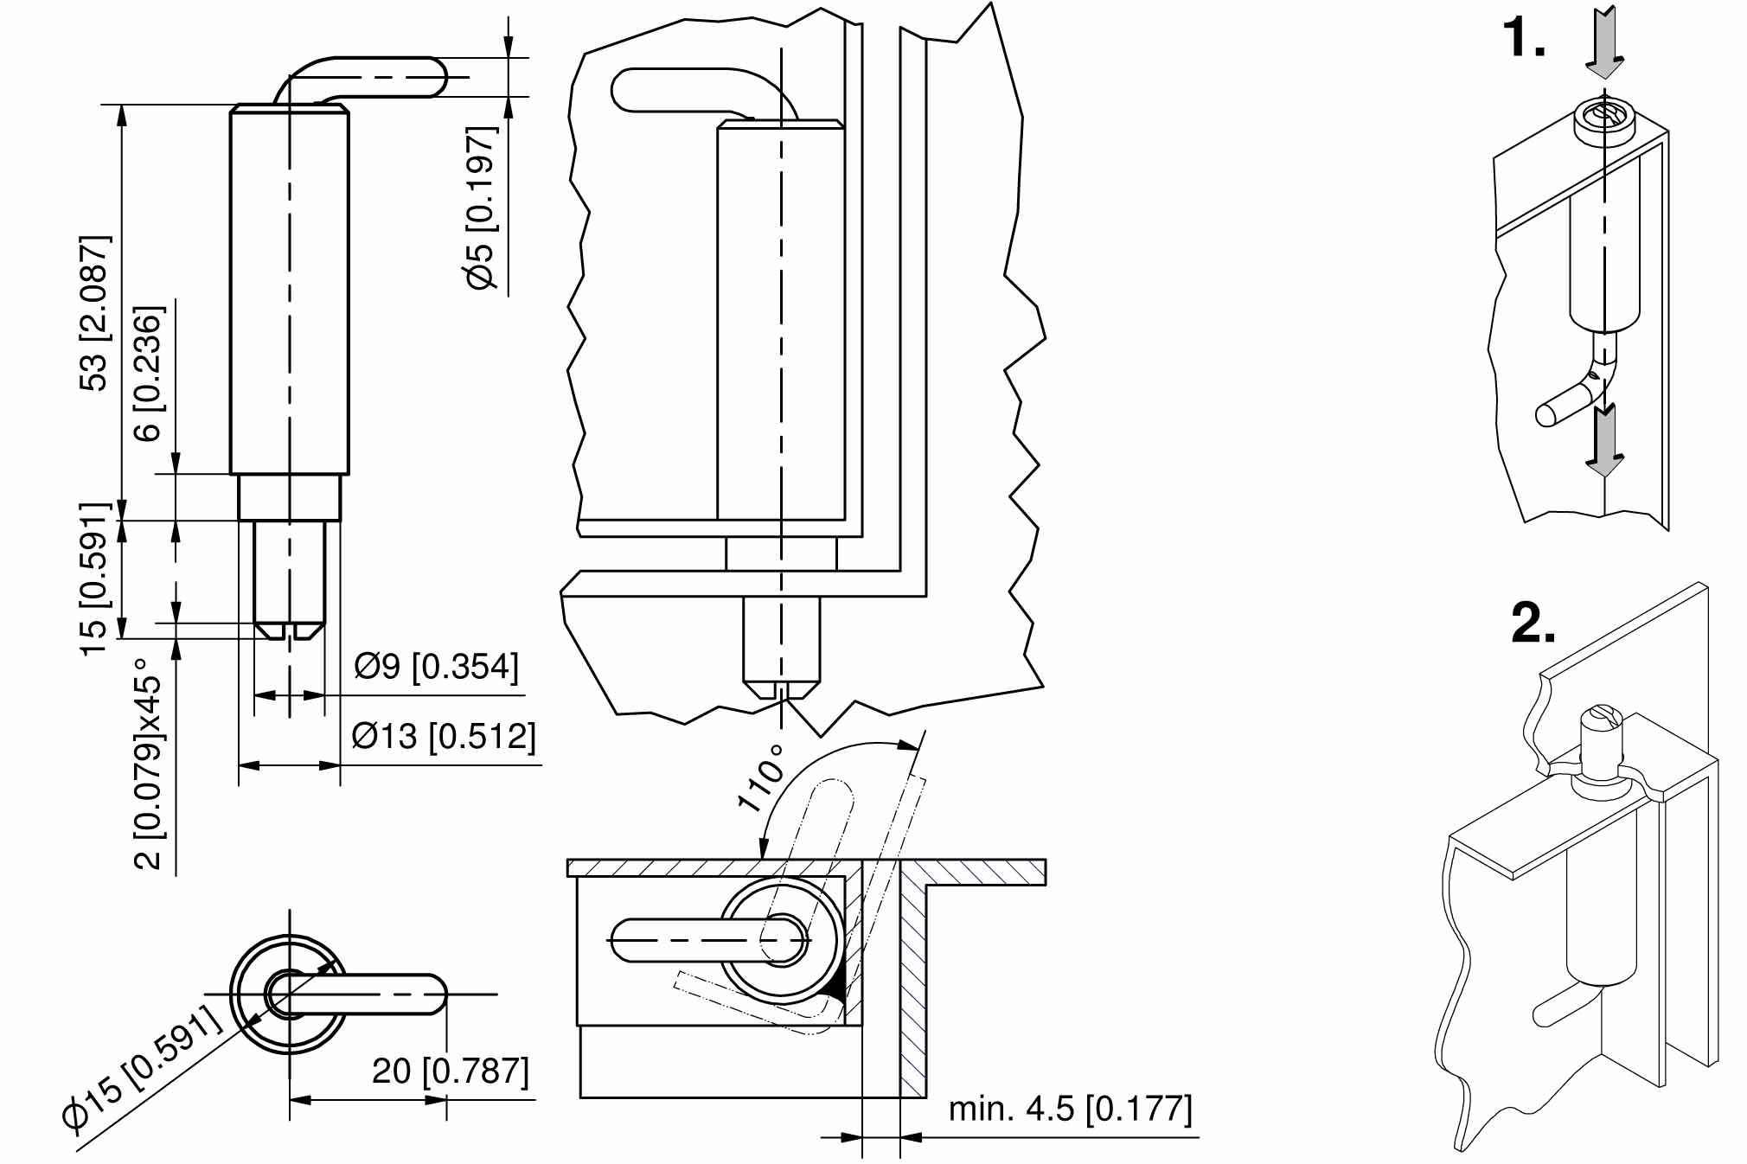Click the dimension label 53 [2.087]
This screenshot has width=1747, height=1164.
[95, 313]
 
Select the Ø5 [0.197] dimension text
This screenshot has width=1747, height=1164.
[482, 208]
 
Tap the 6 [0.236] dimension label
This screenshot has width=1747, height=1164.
[149, 373]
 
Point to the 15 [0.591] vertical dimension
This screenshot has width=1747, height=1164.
[95, 579]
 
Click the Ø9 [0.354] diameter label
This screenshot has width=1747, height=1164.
[437, 666]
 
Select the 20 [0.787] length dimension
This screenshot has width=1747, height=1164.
[451, 1071]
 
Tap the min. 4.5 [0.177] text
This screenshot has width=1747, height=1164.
[1071, 1108]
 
